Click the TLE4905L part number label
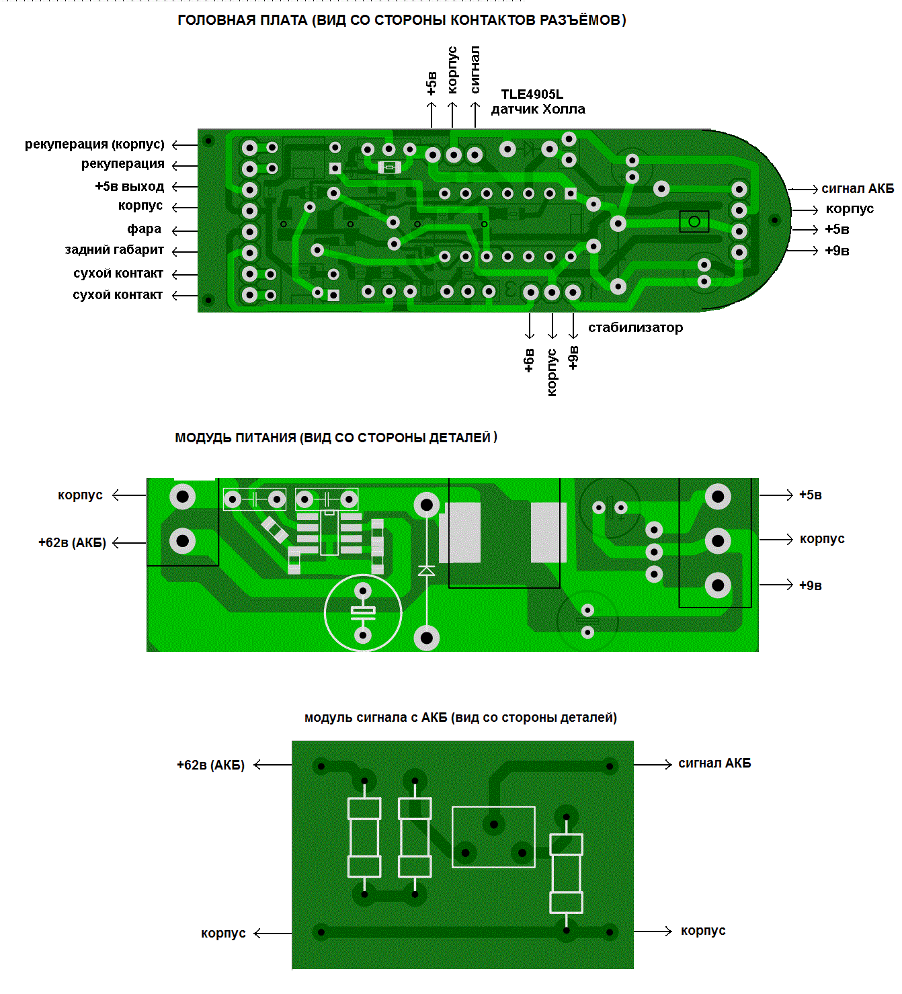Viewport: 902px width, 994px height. tap(532, 94)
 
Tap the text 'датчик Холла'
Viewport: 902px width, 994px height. tap(538, 109)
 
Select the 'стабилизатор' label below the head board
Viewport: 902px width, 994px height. tap(635, 327)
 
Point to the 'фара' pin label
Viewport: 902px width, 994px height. tap(144, 229)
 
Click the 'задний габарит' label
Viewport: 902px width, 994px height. tap(114, 250)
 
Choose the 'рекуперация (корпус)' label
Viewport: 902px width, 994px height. tap(94, 144)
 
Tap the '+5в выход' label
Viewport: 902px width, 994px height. tap(129, 186)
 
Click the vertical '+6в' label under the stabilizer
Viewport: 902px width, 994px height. tap(529, 360)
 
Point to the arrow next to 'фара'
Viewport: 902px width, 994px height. tap(183, 231)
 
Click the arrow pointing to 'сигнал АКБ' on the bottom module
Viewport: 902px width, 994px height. tap(653, 764)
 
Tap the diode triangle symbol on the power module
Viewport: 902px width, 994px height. tap(426, 571)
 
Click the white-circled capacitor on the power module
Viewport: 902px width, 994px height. tap(363, 612)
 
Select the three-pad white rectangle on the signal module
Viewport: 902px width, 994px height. tap(493, 837)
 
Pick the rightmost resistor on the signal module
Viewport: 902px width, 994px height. tap(566, 873)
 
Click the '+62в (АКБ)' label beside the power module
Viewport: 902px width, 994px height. tap(72, 543)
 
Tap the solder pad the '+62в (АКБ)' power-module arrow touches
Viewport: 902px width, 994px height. tap(182, 541)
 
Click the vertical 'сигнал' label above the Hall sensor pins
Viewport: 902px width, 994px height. tap(475, 70)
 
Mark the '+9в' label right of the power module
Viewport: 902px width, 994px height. tap(810, 585)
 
